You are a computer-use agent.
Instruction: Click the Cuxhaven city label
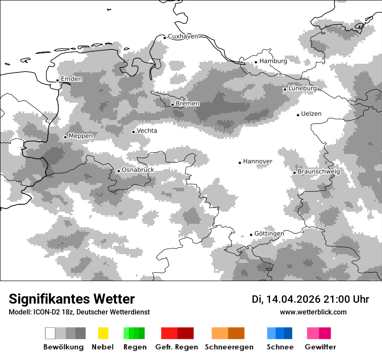point(183,36)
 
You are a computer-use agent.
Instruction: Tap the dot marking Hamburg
point(256,62)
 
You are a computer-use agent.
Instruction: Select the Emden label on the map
point(71,79)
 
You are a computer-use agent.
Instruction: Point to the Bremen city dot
point(172,105)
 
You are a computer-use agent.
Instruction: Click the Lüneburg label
point(303,88)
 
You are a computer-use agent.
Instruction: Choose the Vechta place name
point(147,131)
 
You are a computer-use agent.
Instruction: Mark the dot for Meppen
point(66,137)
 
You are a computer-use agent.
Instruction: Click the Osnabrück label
point(138,170)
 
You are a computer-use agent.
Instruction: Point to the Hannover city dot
point(240,163)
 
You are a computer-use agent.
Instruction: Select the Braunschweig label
point(319,172)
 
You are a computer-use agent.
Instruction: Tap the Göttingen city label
point(269,234)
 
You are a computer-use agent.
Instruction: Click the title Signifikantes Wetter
point(72,299)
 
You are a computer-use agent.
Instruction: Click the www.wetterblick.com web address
point(313,312)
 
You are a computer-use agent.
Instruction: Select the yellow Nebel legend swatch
point(103,333)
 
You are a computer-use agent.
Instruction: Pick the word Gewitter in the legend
point(320,347)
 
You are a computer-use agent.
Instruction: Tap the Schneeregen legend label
point(229,347)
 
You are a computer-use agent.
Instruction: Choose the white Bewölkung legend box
point(50,333)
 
